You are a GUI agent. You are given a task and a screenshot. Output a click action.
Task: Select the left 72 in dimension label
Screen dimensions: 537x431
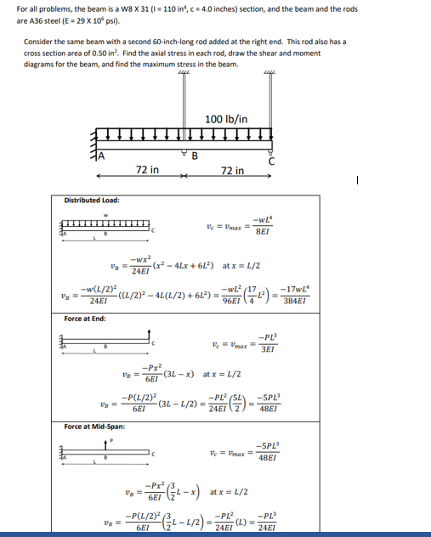[x=146, y=170]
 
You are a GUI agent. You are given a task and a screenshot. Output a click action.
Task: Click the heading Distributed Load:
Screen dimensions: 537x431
[x=93, y=201]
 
